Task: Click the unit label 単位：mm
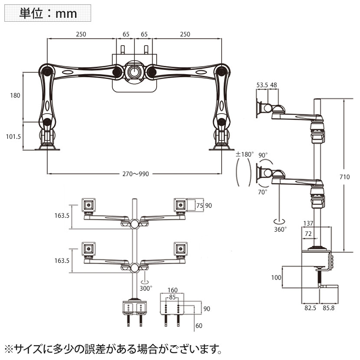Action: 48,13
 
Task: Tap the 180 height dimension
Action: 15,96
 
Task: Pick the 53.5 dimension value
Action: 262,85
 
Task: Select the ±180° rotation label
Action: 244,154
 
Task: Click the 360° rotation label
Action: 280,229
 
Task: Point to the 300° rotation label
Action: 146,288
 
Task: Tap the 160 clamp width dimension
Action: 173,291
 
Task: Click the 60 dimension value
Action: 198,325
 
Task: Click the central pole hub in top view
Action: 134,71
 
